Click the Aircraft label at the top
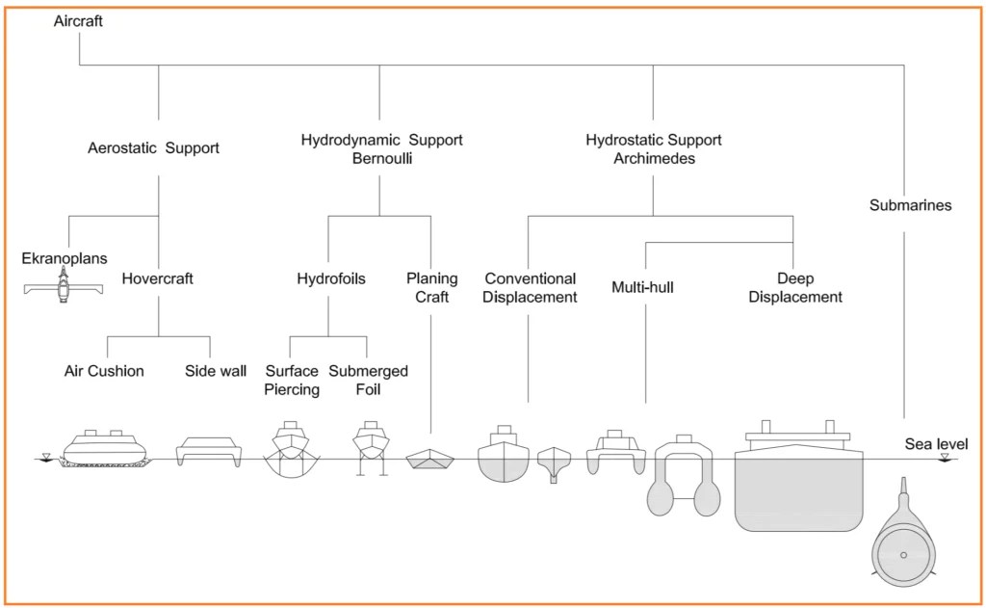(78, 21)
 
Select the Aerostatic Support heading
(153, 148)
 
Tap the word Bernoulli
(382, 158)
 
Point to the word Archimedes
(655, 158)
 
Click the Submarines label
(911, 205)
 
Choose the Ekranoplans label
(65, 258)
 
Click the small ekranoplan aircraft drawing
(63, 286)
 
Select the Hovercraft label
(157, 278)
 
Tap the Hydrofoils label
(331, 278)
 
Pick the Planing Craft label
(432, 288)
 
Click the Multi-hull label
(642, 288)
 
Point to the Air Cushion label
(104, 371)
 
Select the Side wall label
(216, 371)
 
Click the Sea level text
(936, 444)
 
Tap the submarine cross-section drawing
(903, 534)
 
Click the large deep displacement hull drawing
(798, 476)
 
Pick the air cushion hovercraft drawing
(105, 449)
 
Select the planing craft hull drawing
(430, 460)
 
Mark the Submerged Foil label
(369, 381)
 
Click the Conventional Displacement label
(531, 288)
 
